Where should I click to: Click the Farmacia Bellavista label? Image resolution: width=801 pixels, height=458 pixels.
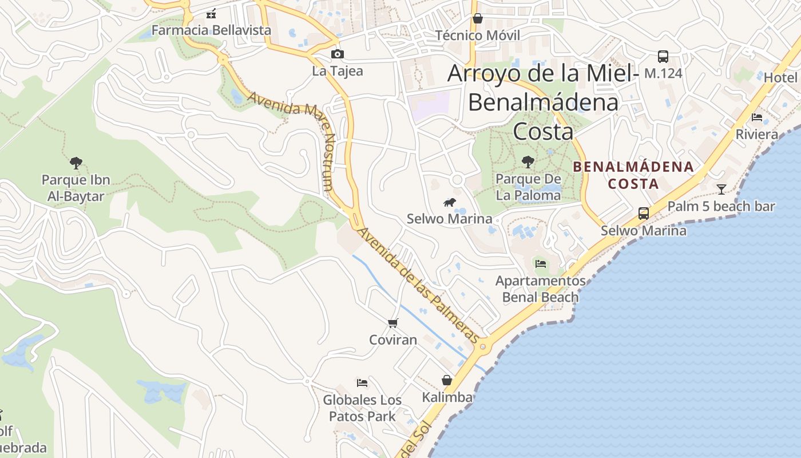tap(211, 30)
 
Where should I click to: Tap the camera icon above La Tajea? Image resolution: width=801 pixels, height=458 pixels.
tap(338, 54)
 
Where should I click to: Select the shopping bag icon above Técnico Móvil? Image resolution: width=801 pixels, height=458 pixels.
tap(478, 18)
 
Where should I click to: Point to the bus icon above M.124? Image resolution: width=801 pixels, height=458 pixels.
tap(663, 57)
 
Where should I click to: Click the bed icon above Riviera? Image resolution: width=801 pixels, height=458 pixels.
tap(757, 117)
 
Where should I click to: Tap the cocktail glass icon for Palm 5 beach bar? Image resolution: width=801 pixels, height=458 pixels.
tap(721, 189)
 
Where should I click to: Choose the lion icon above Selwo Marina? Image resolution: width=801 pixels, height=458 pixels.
tap(450, 202)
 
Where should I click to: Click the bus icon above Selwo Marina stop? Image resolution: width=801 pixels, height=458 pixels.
tap(644, 214)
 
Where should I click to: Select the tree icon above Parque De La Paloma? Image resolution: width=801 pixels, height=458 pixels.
tap(528, 162)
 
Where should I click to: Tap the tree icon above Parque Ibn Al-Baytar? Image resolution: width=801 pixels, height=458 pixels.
tap(76, 163)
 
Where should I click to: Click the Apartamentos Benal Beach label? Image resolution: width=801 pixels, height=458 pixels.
tap(540, 289)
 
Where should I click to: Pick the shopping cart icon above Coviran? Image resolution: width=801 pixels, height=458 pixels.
tap(392, 323)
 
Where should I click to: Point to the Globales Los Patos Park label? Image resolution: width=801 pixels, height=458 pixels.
tap(362, 408)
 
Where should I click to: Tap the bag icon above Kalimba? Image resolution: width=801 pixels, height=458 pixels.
tap(447, 380)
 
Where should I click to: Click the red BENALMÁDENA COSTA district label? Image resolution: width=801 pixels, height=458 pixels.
tap(633, 175)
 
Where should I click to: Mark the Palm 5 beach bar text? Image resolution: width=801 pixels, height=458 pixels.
tap(721, 206)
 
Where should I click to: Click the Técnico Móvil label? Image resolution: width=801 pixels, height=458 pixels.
tap(478, 35)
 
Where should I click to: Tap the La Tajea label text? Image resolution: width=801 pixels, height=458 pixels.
tap(338, 72)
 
